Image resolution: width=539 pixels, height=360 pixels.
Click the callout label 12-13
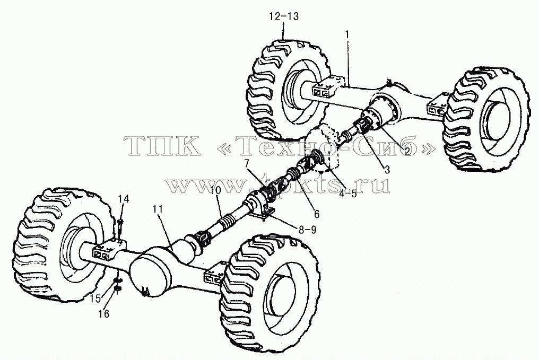284,16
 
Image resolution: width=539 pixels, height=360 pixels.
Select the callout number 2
407,151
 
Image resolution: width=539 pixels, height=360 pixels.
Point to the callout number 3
387,169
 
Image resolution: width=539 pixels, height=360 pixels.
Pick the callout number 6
316,214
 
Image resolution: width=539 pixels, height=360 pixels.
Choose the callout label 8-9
307,230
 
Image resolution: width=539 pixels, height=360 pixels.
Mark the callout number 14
124,199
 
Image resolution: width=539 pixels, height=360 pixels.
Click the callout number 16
103,314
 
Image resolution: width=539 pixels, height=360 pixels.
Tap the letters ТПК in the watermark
162,146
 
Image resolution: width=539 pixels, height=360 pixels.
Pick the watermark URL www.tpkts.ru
278,186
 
